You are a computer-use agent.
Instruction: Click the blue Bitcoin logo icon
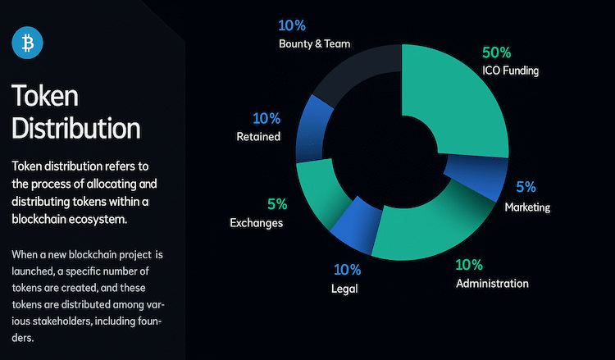point(27,43)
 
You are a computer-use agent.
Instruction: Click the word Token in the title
point(45,95)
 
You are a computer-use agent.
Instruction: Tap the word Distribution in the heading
point(76,128)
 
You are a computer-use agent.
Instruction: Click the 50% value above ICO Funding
point(497,52)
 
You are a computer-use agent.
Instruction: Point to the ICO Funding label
point(510,71)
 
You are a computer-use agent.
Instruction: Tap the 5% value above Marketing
point(526,187)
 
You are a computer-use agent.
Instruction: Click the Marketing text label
point(527,207)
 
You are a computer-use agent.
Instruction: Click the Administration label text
point(492,284)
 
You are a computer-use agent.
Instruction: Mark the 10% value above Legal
point(347,270)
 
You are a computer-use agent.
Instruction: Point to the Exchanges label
point(256,223)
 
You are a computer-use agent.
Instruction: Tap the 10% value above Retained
point(266,118)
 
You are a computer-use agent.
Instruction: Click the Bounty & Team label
point(315,43)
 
